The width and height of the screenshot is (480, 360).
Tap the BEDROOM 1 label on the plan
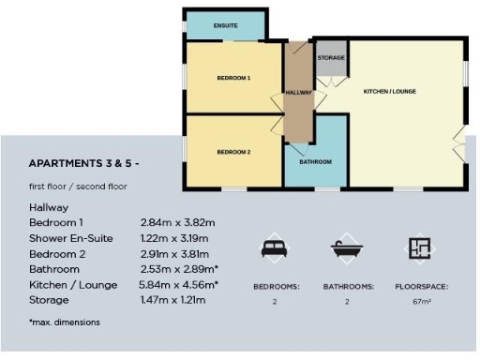tap(233, 78)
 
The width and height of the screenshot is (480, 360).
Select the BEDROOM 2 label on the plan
tap(233, 152)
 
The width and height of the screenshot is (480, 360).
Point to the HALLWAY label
tap(298, 92)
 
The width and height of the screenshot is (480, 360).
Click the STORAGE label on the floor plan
tap(331, 58)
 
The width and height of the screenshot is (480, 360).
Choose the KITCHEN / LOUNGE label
tap(390, 91)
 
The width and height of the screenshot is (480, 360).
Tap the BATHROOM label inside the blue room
tap(315, 161)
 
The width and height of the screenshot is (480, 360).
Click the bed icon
tap(274, 248)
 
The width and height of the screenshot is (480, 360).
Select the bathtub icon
tap(346, 248)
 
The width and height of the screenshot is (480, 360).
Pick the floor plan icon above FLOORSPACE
tap(420, 248)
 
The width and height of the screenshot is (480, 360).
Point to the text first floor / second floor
tap(79, 186)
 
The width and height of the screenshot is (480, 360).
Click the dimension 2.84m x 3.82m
tap(178, 222)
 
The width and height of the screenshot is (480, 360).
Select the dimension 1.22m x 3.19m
tap(178, 238)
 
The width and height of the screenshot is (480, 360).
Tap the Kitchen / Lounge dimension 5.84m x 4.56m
tap(179, 284)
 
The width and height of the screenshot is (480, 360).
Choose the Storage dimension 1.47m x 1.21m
tap(178, 300)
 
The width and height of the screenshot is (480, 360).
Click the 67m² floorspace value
tap(420, 303)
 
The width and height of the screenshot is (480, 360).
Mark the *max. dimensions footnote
tap(65, 322)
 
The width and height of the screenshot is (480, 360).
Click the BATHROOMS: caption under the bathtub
tap(348, 286)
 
